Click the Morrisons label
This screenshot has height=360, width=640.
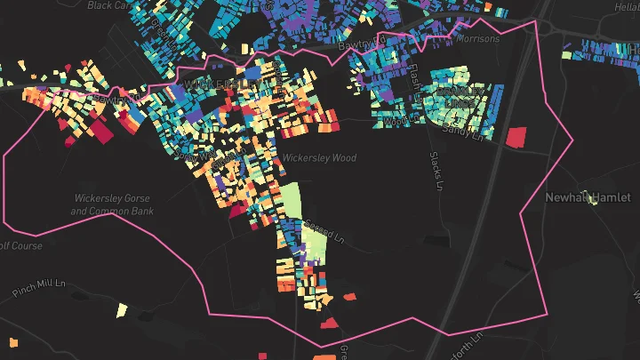click(x=478, y=39)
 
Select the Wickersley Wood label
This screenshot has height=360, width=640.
click(x=319, y=158)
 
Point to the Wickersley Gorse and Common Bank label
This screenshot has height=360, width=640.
click(x=113, y=204)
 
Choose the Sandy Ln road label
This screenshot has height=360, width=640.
click(x=465, y=133)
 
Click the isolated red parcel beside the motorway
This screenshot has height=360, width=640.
click(x=516, y=137)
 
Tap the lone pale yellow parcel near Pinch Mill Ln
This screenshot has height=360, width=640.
click(x=122, y=310)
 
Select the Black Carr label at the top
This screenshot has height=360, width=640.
click(x=109, y=4)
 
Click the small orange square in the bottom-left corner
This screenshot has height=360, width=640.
click(x=13, y=342)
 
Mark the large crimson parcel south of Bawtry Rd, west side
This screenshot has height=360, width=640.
click(x=101, y=132)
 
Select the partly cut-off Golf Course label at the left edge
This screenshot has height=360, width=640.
click(x=20, y=246)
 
